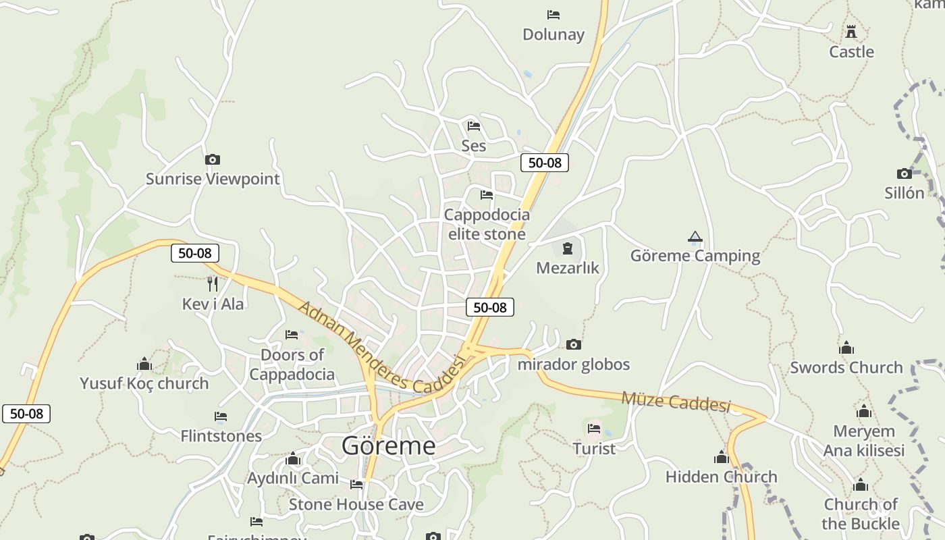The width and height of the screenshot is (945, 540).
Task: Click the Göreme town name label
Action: pyautogui.click(x=388, y=446)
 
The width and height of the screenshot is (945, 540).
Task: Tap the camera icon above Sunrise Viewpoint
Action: pyautogui.click(x=213, y=160)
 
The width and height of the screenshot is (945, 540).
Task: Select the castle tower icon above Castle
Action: pyautogui.click(x=851, y=31)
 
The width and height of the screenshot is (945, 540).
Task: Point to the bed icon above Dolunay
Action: pyautogui.click(x=553, y=14)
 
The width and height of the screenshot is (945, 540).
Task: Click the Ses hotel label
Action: pyautogui.click(x=473, y=146)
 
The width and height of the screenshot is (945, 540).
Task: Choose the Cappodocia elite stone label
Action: pyautogui.click(x=487, y=224)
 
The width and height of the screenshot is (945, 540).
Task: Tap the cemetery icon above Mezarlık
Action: pyautogui.click(x=567, y=248)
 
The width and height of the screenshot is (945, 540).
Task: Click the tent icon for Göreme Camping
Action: pyautogui.click(x=695, y=237)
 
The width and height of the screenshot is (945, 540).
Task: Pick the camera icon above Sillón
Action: pyautogui.click(x=905, y=173)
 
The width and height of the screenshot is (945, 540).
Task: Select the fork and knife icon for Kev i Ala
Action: pyautogui.click(x=213, y=283)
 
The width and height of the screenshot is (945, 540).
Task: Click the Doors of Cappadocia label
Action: pyautogui.click(x=292, y=364)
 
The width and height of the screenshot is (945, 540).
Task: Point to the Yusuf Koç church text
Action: pyautogui.click(x=144, y=383)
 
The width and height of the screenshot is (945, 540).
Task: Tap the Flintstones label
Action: pyautogui.click(x=221, y=436)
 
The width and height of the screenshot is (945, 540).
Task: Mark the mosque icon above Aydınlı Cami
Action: pyautogui.click(x=293, y=459)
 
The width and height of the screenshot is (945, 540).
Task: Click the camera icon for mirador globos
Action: pyautogui.click(x=573, y=345)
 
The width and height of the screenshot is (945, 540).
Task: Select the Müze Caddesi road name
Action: pyautogui.click(x=676, y=402)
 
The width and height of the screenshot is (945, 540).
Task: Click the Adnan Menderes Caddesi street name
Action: pyautogui.click(x=381, y=349)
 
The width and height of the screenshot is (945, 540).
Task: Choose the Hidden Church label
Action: pyautogui.click(x=721, y=477)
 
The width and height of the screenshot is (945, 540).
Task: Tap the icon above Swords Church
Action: pyautogui.click(x=846, y=348)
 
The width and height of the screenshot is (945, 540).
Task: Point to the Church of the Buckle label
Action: pyautogui.click(x=861, y=514)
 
